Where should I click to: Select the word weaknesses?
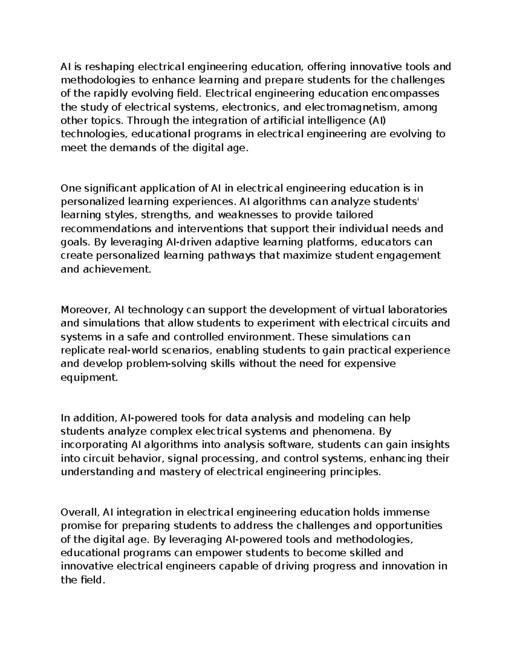(242, 215)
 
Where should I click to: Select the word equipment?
(89, 378)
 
